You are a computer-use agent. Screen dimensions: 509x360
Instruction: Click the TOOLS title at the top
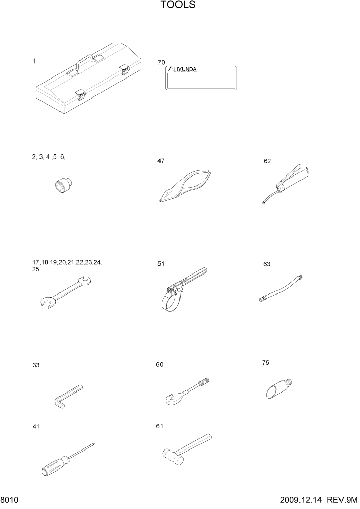(x=178, y=6)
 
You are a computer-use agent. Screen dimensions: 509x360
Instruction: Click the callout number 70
(x=162, y=62)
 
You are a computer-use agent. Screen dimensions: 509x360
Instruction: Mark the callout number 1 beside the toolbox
(x=34, y=61)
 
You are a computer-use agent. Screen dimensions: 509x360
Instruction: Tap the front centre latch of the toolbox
(x=79, y=93)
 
